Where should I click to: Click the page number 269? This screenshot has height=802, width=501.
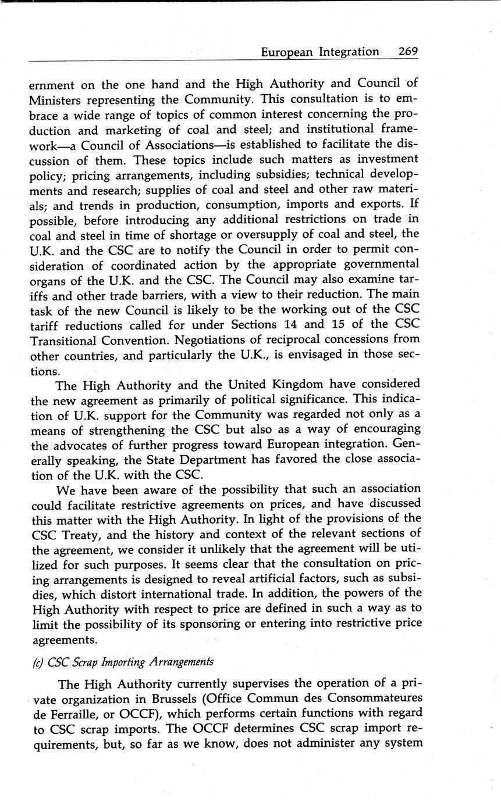coord(408,51)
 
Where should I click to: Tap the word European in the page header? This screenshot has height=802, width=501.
coord(286,52)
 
